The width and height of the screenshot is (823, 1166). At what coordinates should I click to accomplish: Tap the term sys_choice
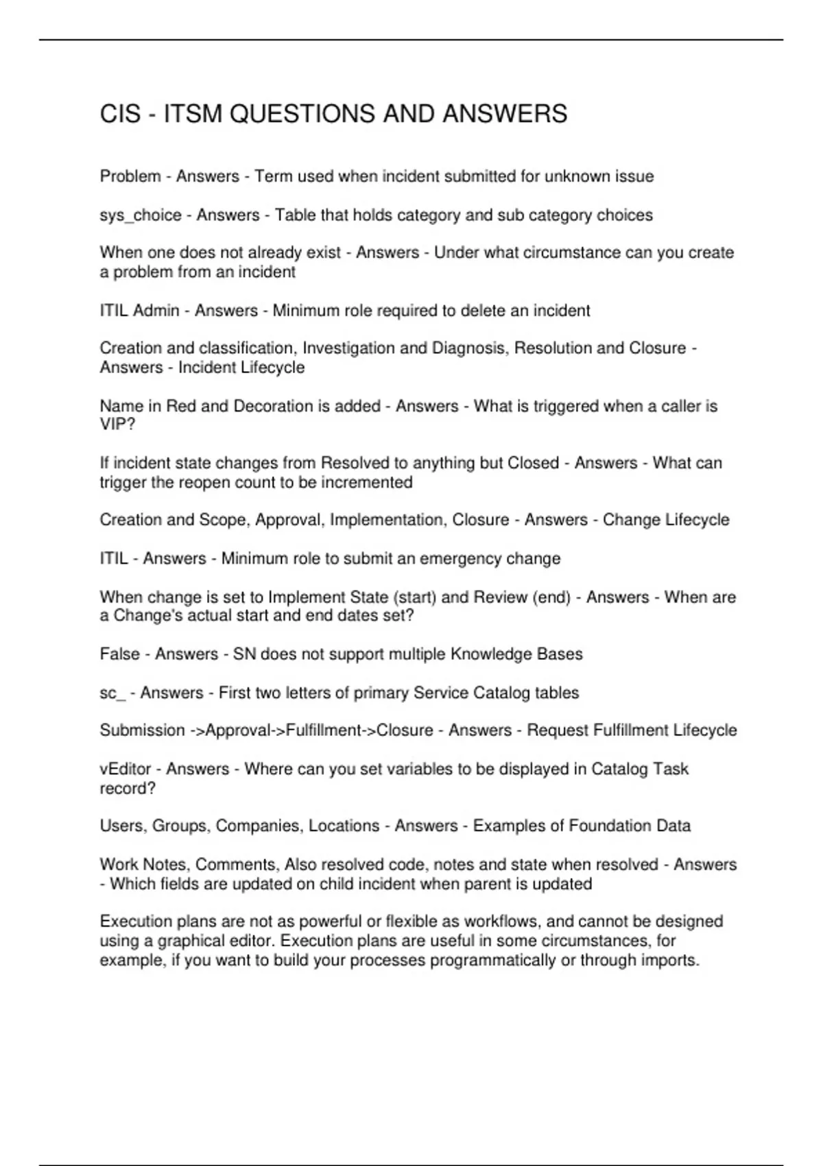pos(141,215)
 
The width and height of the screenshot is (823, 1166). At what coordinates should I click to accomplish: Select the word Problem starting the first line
pos(130,176)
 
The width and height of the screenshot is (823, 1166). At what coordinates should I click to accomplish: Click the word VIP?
pos(118,425)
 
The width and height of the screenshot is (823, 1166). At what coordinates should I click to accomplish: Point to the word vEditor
pos(126,769)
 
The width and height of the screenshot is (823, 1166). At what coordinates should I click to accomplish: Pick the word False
pos(120,654)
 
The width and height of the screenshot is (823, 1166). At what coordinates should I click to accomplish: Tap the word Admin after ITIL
pos(156,311)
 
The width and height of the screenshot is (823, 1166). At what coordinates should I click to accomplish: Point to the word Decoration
pos(273,406)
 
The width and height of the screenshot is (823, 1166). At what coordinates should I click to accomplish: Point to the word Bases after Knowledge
pos(560,654)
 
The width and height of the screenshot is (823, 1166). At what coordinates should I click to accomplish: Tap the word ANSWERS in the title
pos(505,114)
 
